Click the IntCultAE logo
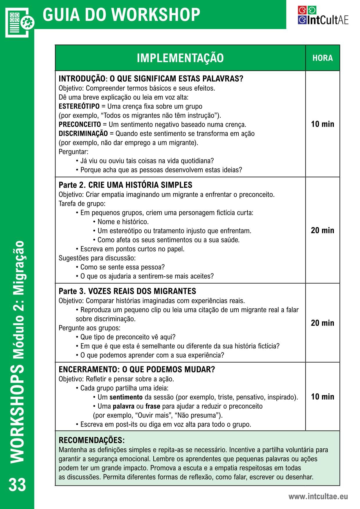[x=323, y=15]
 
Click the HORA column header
[x=323, y=58]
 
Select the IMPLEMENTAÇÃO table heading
[x=180, y=58]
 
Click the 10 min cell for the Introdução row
[x=323, y=124]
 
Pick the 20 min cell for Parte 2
[x=323, y=231]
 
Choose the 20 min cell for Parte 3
[x=323, y=323]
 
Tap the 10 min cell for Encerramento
[x=323, y=397]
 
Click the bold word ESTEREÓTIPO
[x=79, y=106]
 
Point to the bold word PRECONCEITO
[x=80, y=125]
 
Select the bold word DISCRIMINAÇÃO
[x=83, y=134]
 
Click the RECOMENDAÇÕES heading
[x=92, y=440]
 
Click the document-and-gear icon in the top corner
[x=19, y=22]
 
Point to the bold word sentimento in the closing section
[x=126, y=397]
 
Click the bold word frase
[x=153, y=406]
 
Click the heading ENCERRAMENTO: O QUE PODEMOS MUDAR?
[x=137, y=370]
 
